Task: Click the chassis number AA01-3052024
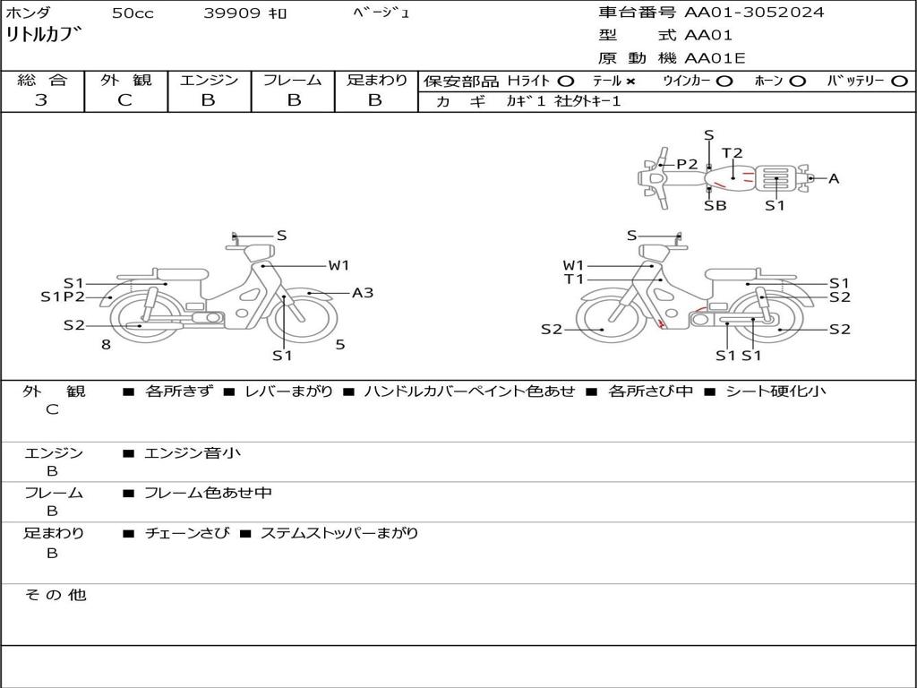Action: [x=754, y=13]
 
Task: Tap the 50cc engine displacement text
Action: [x=133, y=13]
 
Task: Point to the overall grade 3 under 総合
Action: [x=41, y=100]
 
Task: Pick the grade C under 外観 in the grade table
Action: [x=125, y=100]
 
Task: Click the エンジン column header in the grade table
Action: [x=209, y=80]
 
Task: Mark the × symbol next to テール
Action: [x=630, y=82]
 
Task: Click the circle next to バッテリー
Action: [x=899, y=82]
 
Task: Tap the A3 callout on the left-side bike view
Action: [x=362, y=293]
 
